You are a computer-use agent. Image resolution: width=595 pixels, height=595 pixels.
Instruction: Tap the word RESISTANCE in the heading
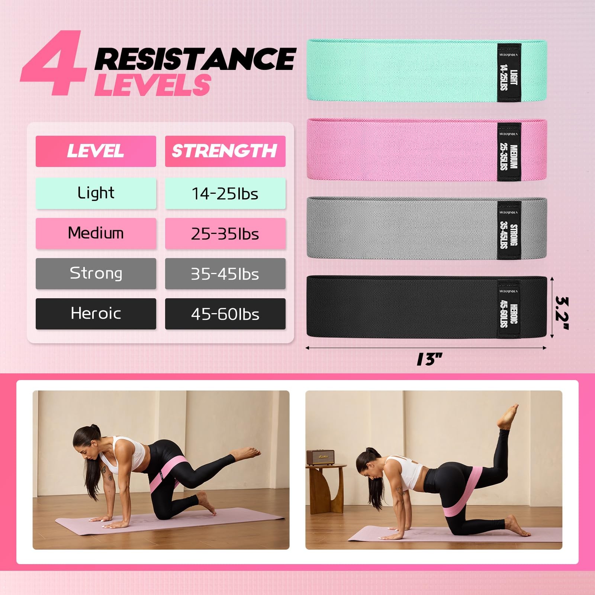(x=195, y=59)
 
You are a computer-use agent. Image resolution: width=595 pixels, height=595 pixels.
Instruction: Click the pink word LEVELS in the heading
(x=152, y=85)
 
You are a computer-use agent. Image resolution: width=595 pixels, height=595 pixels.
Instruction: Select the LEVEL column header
(x=96, y=151)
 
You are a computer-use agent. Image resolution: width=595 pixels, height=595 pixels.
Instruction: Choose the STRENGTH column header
(x=225, y=151)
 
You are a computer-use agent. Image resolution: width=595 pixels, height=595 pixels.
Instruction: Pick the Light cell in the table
(x=96, y=193)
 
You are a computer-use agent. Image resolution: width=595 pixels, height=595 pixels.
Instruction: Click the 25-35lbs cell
(x=225, y=234)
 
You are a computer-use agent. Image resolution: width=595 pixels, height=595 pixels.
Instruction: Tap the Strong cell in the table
(x=96, y=273)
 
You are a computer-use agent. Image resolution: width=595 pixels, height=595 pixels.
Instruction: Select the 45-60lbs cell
(x=225, y=314)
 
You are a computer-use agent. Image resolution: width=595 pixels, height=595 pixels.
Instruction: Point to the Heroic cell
(x=96, y=313)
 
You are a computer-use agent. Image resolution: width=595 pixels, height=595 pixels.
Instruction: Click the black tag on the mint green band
(x=509, y=73)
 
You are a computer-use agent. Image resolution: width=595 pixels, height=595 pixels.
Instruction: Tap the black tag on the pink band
(x=509, y=152)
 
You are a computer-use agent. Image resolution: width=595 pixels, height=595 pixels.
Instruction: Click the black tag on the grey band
(x=509, y=230)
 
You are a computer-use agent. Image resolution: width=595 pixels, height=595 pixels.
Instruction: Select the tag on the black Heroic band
(x=509, y=309)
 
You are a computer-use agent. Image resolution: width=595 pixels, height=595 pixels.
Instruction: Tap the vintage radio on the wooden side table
(x=320, y=457)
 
